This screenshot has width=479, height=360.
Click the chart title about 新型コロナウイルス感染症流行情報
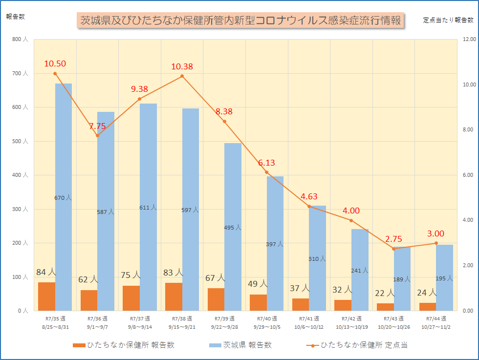click(x=240, y=21)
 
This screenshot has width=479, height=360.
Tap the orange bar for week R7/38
click(x=174, y=296)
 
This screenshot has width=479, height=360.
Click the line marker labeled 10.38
click(x=182, y=76)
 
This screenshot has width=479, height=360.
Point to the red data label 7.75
click(x=97, y=126)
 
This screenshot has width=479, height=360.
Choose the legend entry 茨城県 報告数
click(x=239, y=345)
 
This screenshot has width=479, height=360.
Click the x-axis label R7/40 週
click(x=267, y=319)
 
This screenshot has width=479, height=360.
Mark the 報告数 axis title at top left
click(x=16, y=17)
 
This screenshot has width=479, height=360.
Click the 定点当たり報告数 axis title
click(x=448, y=20)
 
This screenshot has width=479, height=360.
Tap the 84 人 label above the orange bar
click(x=46, y=272)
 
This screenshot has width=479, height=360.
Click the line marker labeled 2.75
click(x=393, y=249)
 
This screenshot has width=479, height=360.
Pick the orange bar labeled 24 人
click(x=428, y=307)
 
